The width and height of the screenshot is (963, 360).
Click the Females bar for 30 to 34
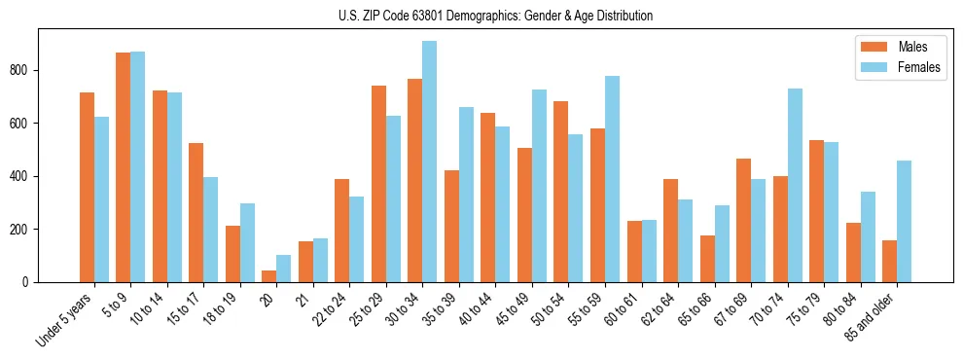click(430, 162)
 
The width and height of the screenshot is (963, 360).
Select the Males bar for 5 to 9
click(124, 167)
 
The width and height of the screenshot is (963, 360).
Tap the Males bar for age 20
click(269, 276)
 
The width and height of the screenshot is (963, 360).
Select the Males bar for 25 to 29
click(378, 184)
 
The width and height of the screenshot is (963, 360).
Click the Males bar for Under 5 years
click(87, 187)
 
